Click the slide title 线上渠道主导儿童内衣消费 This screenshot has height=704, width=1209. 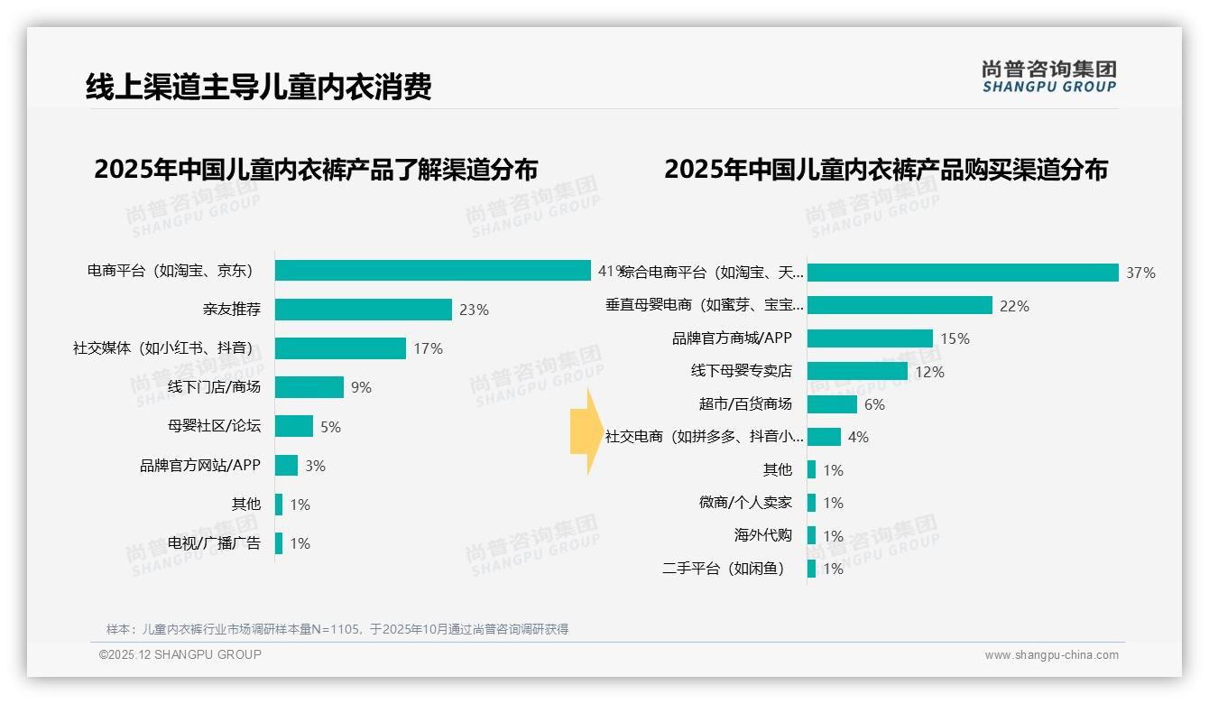[258, 87]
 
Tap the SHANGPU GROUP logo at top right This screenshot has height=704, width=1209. [1048, 77]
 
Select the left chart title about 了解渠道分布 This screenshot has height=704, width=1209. [316, 169]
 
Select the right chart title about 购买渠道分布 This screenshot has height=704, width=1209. [886, 169]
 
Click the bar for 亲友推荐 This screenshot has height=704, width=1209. [363, 310]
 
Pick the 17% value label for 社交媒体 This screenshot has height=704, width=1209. [428, 348]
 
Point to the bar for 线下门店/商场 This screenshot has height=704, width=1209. [309, 387]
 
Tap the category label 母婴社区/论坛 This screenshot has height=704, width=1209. [214, 426]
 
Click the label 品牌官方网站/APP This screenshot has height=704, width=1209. [199, 466]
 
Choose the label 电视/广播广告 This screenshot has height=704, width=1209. [214, 543]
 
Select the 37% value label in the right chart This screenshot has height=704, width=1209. [1140, 273]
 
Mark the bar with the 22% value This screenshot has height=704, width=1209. [900, 306]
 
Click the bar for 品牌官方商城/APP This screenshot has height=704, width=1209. [870, 338]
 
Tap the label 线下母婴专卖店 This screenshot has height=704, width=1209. [741, 371]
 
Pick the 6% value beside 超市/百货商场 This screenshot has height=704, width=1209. [874, 404]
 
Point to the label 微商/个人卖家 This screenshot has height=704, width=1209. [745, 503]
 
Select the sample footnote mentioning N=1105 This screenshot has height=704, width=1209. [337, 628]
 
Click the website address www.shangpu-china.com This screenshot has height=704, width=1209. [1051, 655]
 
